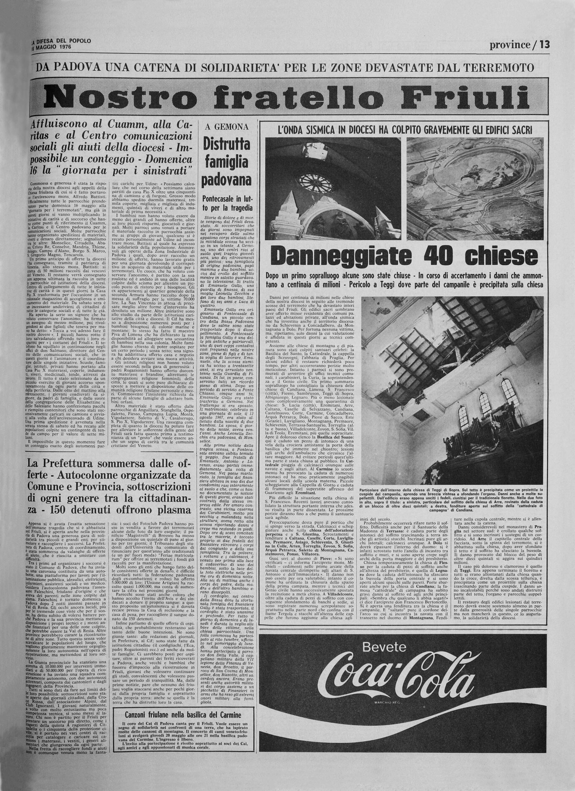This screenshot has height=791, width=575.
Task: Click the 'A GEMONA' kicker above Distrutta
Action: click(x=227, y=127)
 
